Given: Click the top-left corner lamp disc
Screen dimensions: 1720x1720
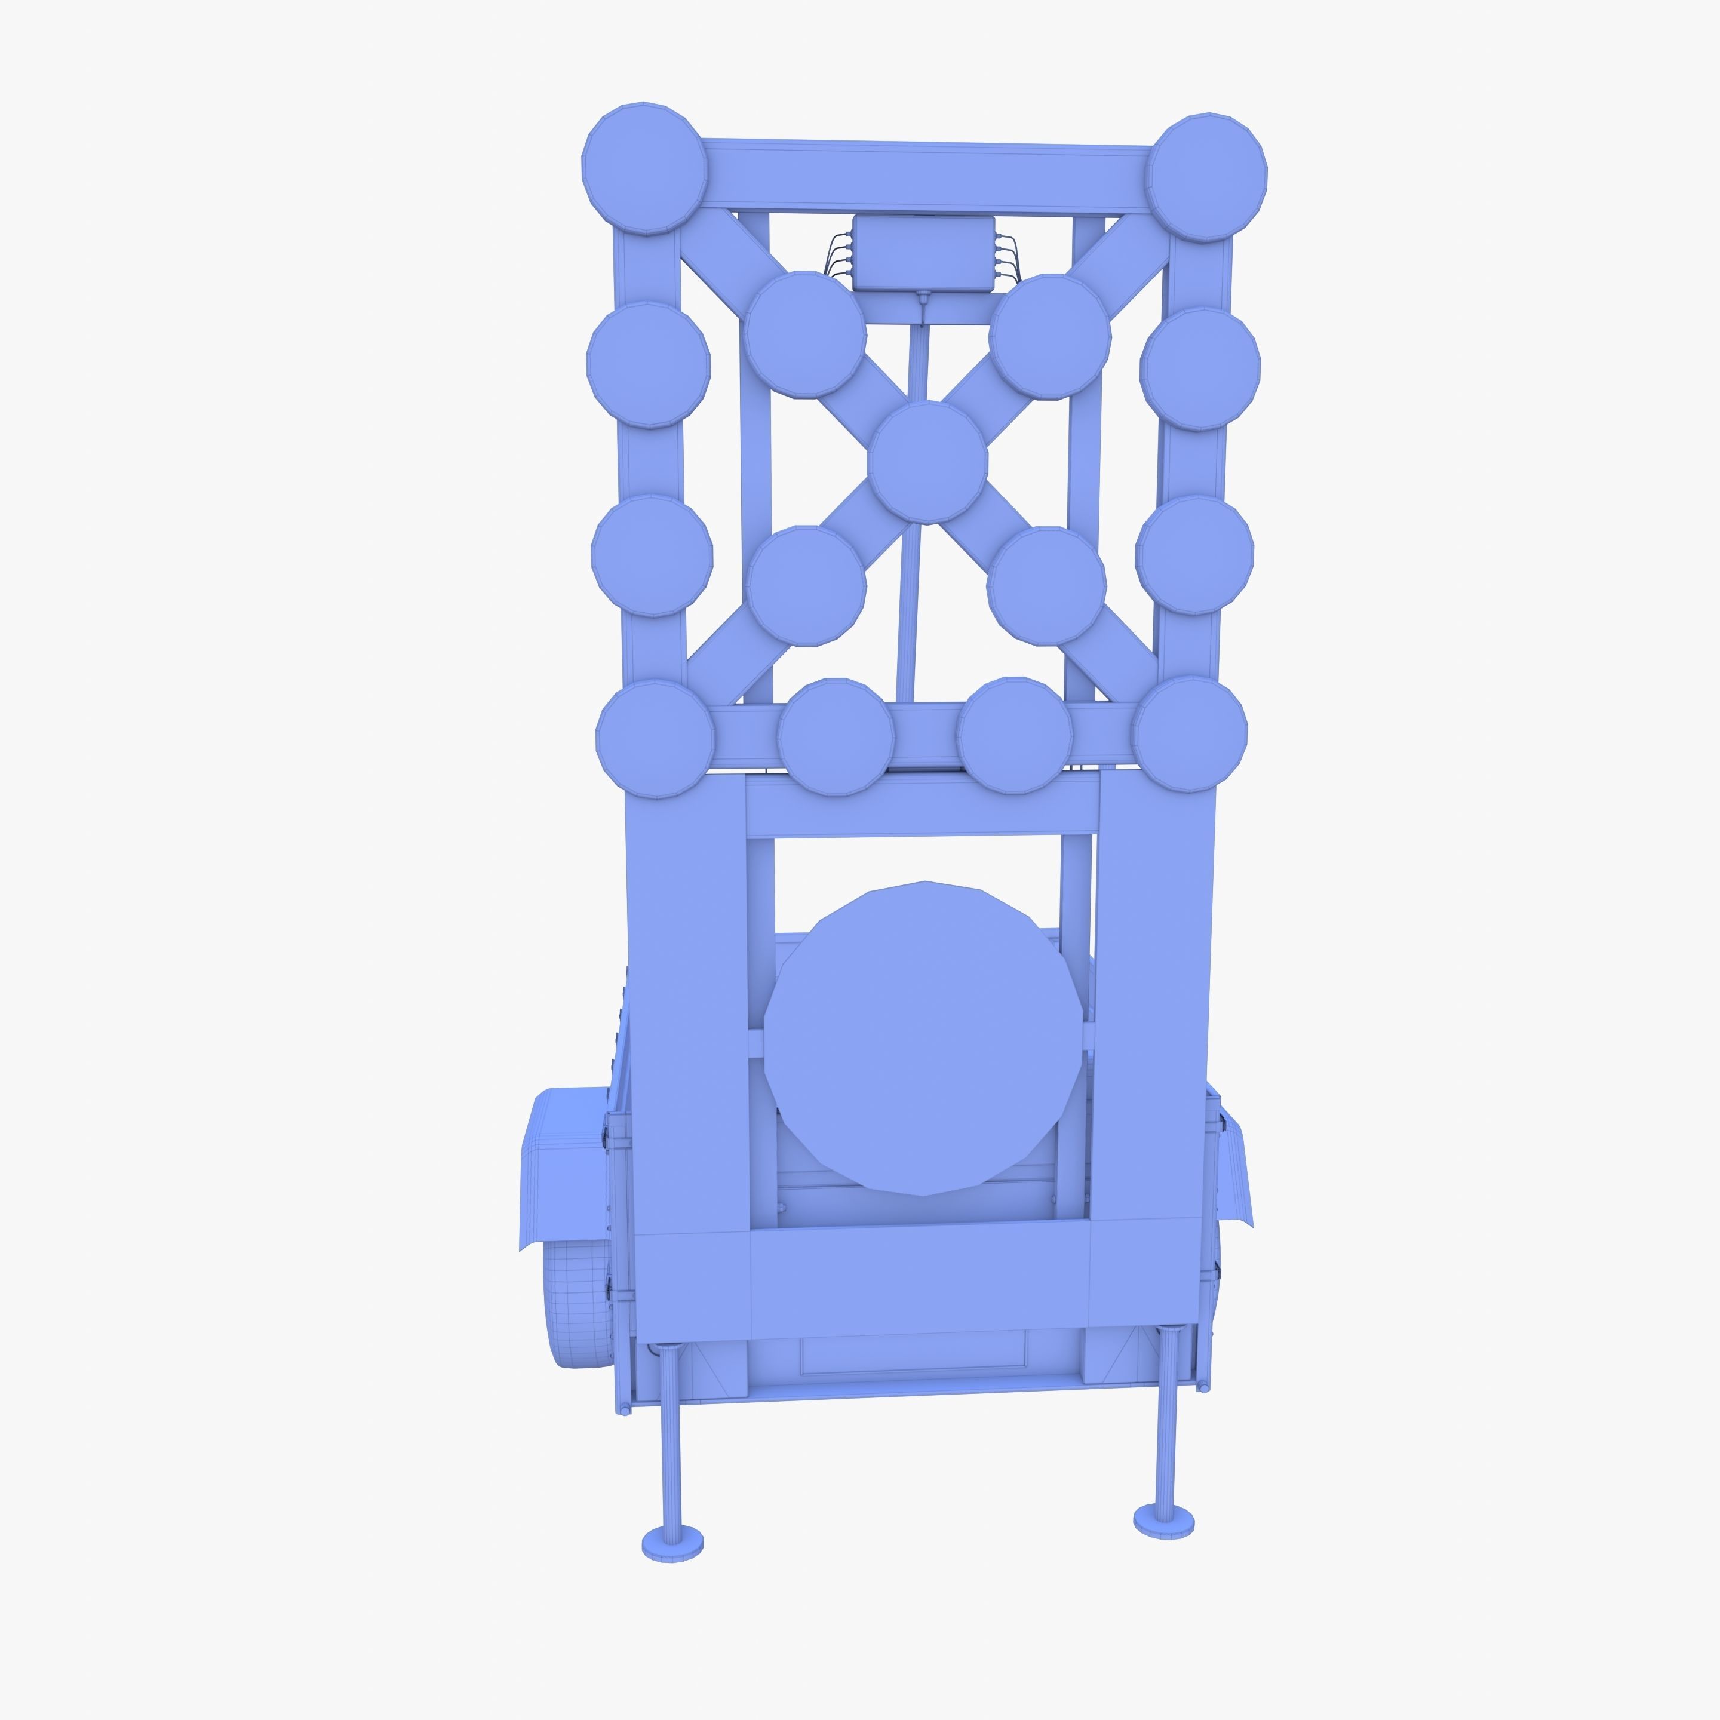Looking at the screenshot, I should click(644, 168).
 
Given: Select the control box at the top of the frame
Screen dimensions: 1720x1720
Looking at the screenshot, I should click(922, 252).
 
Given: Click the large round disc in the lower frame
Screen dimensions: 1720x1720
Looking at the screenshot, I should click(923, 1038).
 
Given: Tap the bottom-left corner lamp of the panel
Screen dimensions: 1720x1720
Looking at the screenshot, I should click(655, 739).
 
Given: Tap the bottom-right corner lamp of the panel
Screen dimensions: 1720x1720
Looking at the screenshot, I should click(1190, 733).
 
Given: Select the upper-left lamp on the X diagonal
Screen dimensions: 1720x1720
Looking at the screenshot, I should click(806, 334).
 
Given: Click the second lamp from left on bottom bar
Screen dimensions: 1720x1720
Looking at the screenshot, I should click(835, 735).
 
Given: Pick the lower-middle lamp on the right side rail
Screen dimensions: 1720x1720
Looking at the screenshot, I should click(1194, 555).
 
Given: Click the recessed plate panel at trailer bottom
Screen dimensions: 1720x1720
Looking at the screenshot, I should click(913, 1365).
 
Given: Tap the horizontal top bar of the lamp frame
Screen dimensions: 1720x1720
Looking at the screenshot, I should click(926, 176).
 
